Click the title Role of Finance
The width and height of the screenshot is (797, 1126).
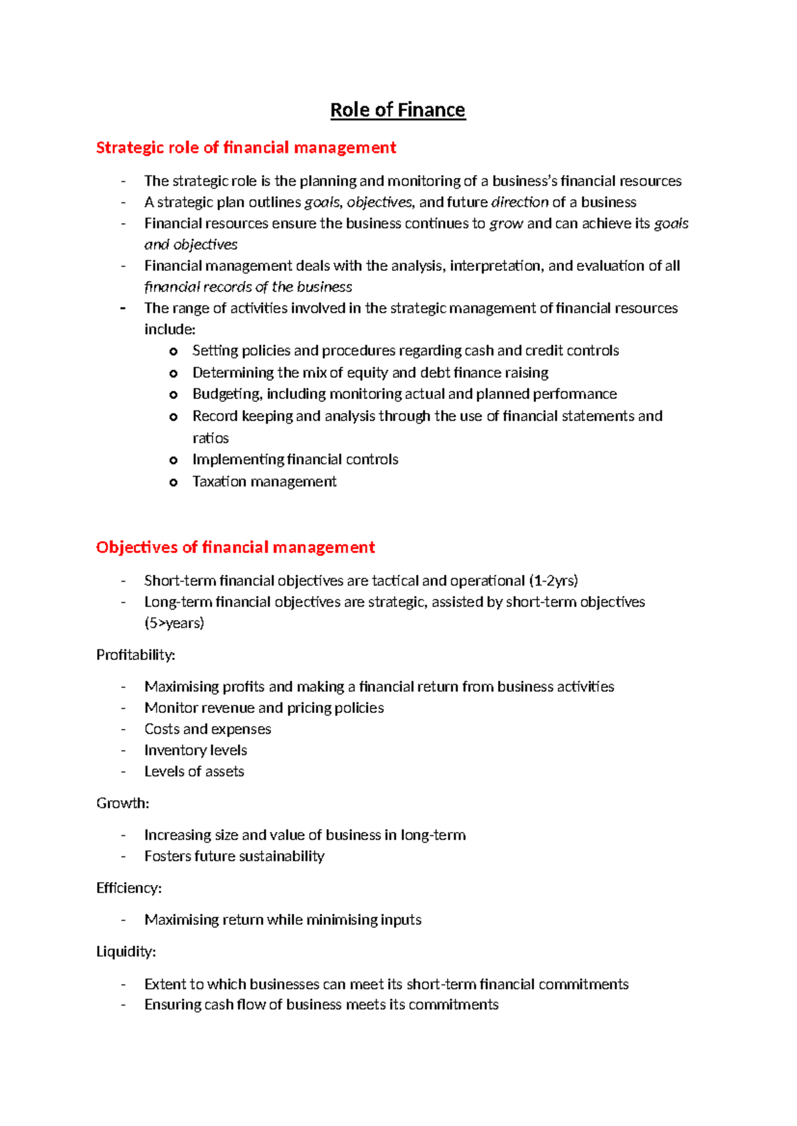click(x=398, y=110)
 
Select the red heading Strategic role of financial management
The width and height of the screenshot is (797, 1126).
click(x=246, y=147)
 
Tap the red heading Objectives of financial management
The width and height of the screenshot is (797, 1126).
click(x=235, y=547)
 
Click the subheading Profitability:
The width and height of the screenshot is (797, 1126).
click(x=135, y=655)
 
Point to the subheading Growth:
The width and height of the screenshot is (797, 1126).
click(x=122, y=803)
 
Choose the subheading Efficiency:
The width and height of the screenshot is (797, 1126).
click(x=129, y=888)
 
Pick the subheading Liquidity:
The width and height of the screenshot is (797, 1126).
click(x=126, y=951)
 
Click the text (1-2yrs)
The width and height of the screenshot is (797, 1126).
click(x=553, y=580)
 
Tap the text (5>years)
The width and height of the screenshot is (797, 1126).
click(x=174, y=623)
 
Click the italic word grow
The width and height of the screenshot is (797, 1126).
click(x=506, y=224)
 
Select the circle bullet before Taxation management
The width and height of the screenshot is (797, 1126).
click(x=173, y=483)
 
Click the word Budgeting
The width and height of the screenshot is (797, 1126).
click(x=226, y=394)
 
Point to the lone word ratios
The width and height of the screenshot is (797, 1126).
click(x=211, y=438)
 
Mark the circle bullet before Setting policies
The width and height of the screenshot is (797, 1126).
click(x=173, y=351)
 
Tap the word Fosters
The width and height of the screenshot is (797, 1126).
click(x=167, y=856)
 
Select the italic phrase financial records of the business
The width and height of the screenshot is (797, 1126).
click(x=248, y=287)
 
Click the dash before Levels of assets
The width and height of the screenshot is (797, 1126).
click(x=123, y=771)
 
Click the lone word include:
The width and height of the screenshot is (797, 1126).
click(x=169, y=329)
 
